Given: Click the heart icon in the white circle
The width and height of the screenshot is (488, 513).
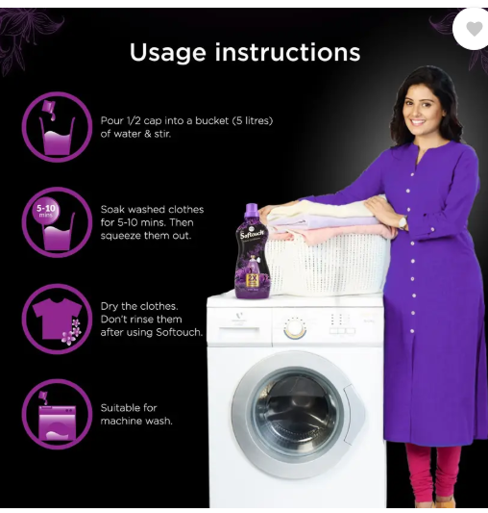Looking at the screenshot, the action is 474,29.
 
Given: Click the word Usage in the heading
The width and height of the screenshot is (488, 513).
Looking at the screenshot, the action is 167,53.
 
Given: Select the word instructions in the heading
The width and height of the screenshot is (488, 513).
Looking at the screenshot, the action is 287,52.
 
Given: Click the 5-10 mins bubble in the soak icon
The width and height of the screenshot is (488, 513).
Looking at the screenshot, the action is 47,210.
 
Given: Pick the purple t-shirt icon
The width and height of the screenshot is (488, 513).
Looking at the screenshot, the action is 58,318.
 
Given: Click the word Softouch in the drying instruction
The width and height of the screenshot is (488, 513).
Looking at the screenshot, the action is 179,332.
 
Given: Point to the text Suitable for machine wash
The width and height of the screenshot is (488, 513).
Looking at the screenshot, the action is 136,414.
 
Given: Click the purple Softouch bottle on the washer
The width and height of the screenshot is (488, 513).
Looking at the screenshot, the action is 253,251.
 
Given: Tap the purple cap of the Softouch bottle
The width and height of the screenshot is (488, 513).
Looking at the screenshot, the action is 252,210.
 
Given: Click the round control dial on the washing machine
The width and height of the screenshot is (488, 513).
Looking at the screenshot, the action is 295,328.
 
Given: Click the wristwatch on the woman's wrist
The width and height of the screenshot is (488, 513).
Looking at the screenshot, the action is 403,223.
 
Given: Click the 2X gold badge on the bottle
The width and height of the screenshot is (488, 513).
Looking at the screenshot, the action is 252,278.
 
